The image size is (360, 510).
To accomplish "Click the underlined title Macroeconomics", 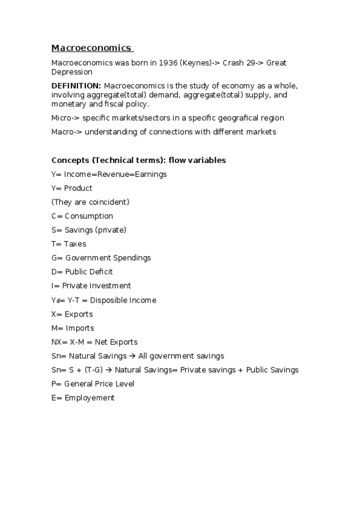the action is point(91,48).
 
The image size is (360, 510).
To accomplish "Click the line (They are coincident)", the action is point(90,202).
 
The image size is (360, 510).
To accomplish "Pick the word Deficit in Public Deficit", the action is point(99,272).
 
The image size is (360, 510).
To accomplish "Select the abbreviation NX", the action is point(56,342).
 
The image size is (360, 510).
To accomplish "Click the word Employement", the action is point(90,398).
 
